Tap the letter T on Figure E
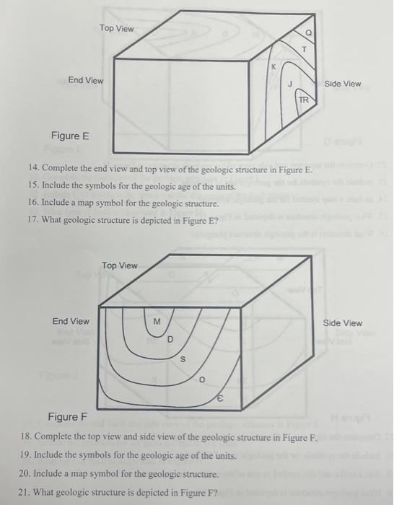coord(305,48)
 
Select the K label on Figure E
coord(273,67)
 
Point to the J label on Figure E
coord(290,84)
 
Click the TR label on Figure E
coord(304,100)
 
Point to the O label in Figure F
coord(202,377)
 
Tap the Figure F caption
coord(67,417)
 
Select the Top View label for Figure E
coord(117,28)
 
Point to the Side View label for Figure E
coord(343,84)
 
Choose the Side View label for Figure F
coord(343,322)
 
